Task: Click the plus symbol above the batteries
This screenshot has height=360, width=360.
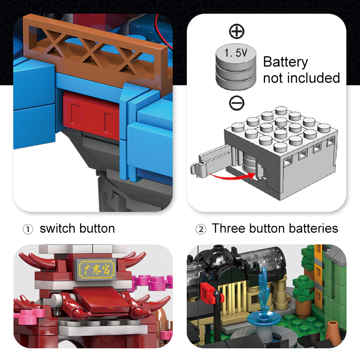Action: (237, 31)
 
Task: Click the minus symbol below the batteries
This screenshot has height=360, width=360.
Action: (237, 103)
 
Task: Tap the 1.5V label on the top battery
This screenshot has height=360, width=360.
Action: (236, 53)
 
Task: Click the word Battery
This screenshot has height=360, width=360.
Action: (285, 62)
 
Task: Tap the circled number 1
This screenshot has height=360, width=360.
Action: (28, 229)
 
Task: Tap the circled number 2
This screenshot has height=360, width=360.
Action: (201, 229)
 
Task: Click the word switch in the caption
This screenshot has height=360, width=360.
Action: (58, 229)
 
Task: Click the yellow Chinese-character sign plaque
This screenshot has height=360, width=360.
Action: (97, 269)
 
